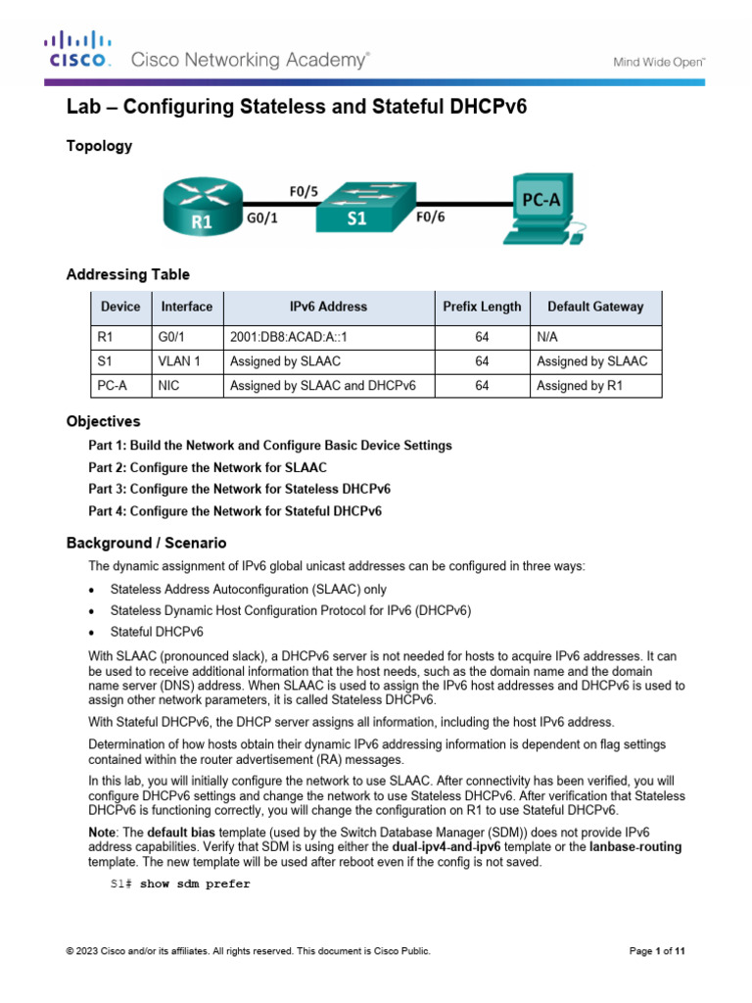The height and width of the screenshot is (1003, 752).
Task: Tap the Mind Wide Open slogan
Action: point(659,62)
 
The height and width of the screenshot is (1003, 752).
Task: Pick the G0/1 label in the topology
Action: point(260,220)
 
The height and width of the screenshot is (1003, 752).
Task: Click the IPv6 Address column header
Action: point(328,307)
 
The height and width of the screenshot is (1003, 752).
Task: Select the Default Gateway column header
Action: point(595,307)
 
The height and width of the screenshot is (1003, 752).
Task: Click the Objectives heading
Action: point(103,421)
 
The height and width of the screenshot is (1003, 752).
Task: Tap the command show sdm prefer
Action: point(195,884)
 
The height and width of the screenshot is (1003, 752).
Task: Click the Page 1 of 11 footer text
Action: point(656,950)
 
